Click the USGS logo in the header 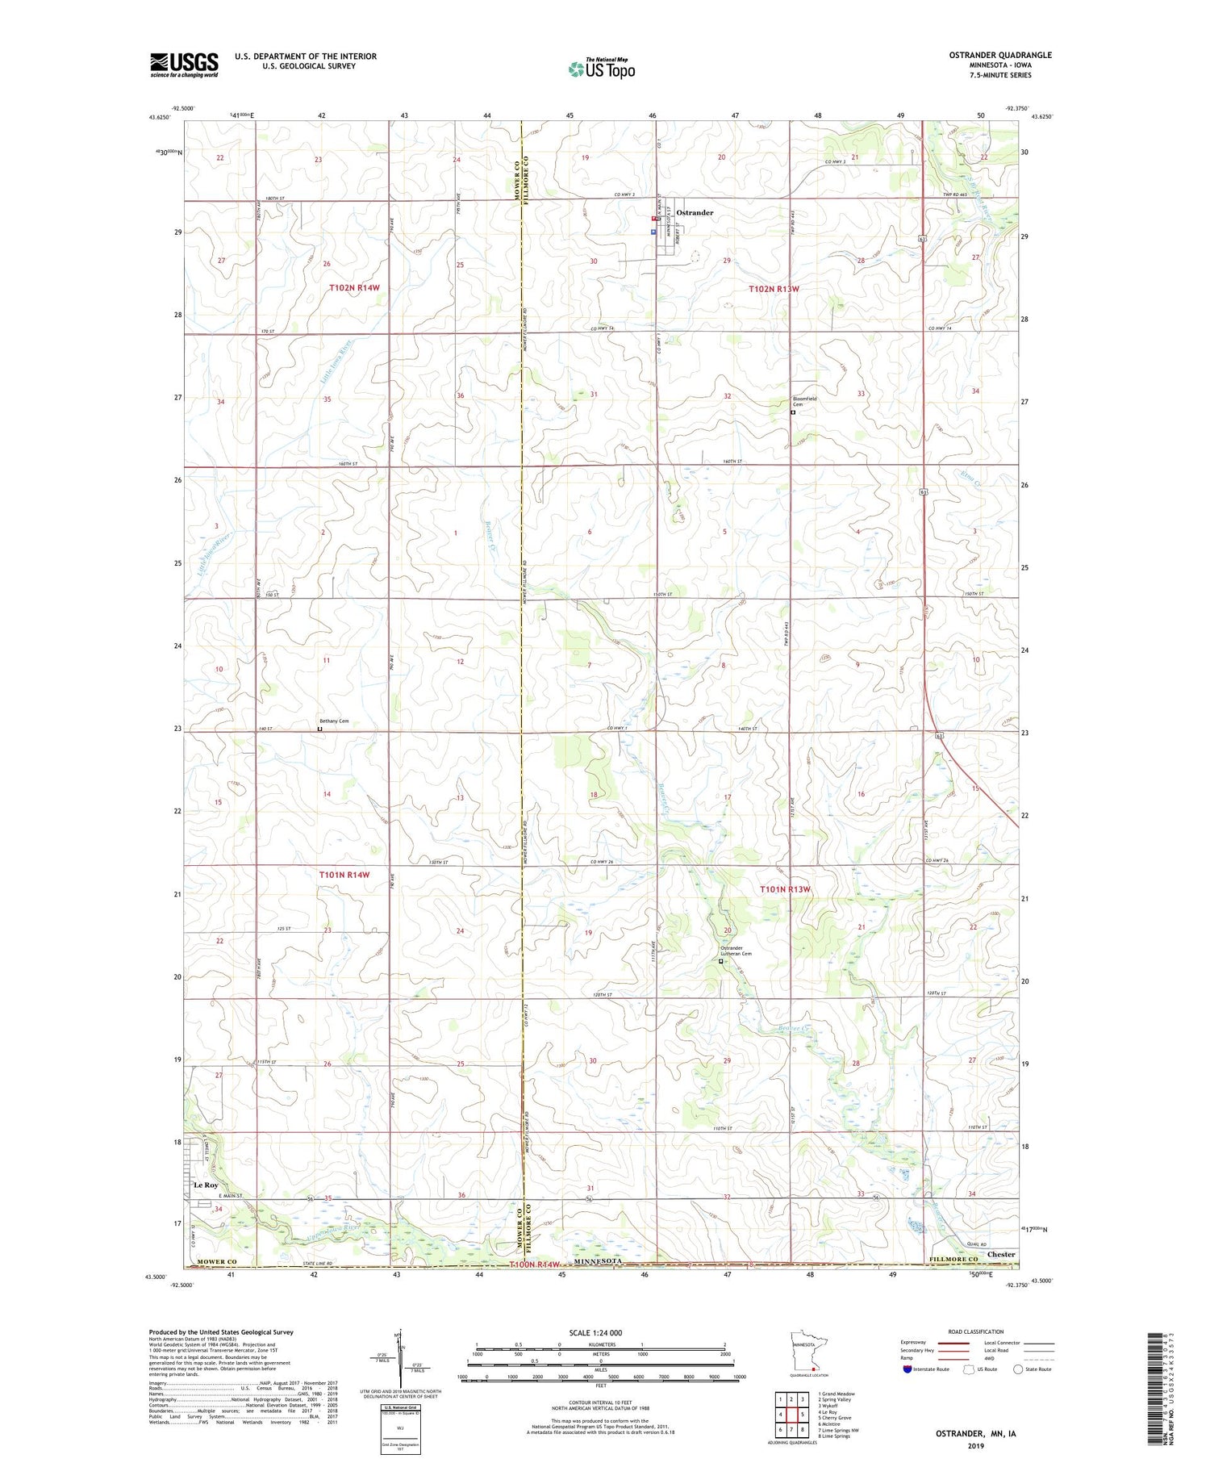point(184,65)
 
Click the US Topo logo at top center point(601,69)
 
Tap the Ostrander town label point(695,212)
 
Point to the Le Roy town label point(206,1185)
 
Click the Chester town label point(1001,1254)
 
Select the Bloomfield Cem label point(802,401)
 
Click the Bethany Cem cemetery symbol point(319,729)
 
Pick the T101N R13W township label point(785,889)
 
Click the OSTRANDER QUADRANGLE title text point(1001,55)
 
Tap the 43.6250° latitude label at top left point(159,117)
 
